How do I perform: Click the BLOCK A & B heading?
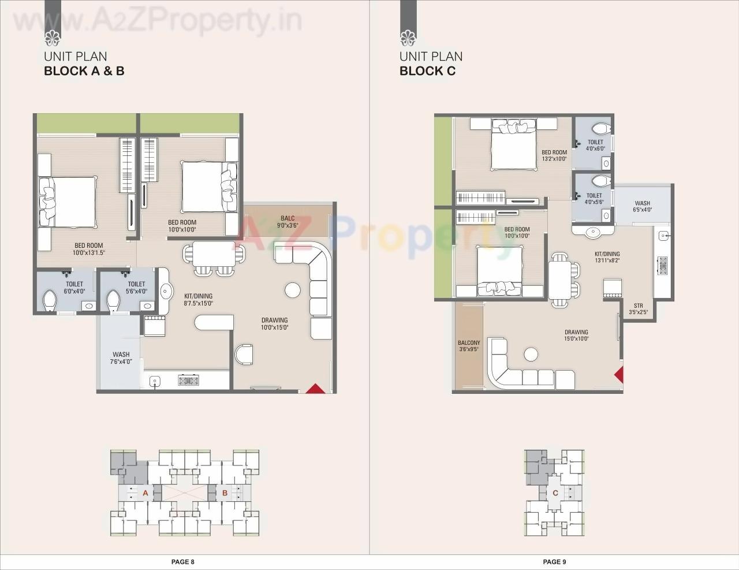tap(84, 71)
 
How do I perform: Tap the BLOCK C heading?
tap(427, 71)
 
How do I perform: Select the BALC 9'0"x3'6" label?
tap(288, 222)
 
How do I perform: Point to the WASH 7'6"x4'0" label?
tap(121, 358)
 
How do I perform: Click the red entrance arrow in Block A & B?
tap(312, 389)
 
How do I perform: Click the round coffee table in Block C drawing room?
tap(530, 353)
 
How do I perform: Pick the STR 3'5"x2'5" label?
tap(638, 309)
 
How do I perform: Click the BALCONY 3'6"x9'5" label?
tap(469, 346)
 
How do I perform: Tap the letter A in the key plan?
tap(145, 493)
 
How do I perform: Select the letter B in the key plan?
tap(225, 493)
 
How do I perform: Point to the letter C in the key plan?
tap(555, 493)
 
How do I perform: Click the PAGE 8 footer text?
tap(183, 561)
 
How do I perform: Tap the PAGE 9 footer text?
tap(555, 561)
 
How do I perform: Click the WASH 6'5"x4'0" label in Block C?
tap(642, 207)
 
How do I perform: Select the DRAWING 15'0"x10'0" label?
tap(576, 336)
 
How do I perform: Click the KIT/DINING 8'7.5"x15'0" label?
tap(199, 299)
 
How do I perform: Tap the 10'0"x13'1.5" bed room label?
tap(88, 249)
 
